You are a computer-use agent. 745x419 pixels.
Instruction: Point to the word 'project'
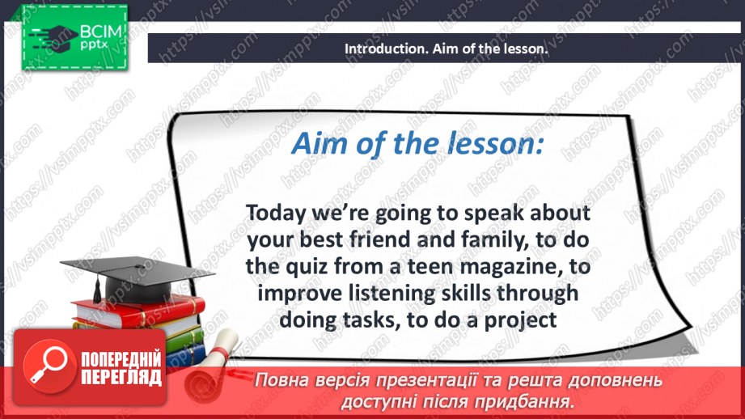click(x=519, y=320)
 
